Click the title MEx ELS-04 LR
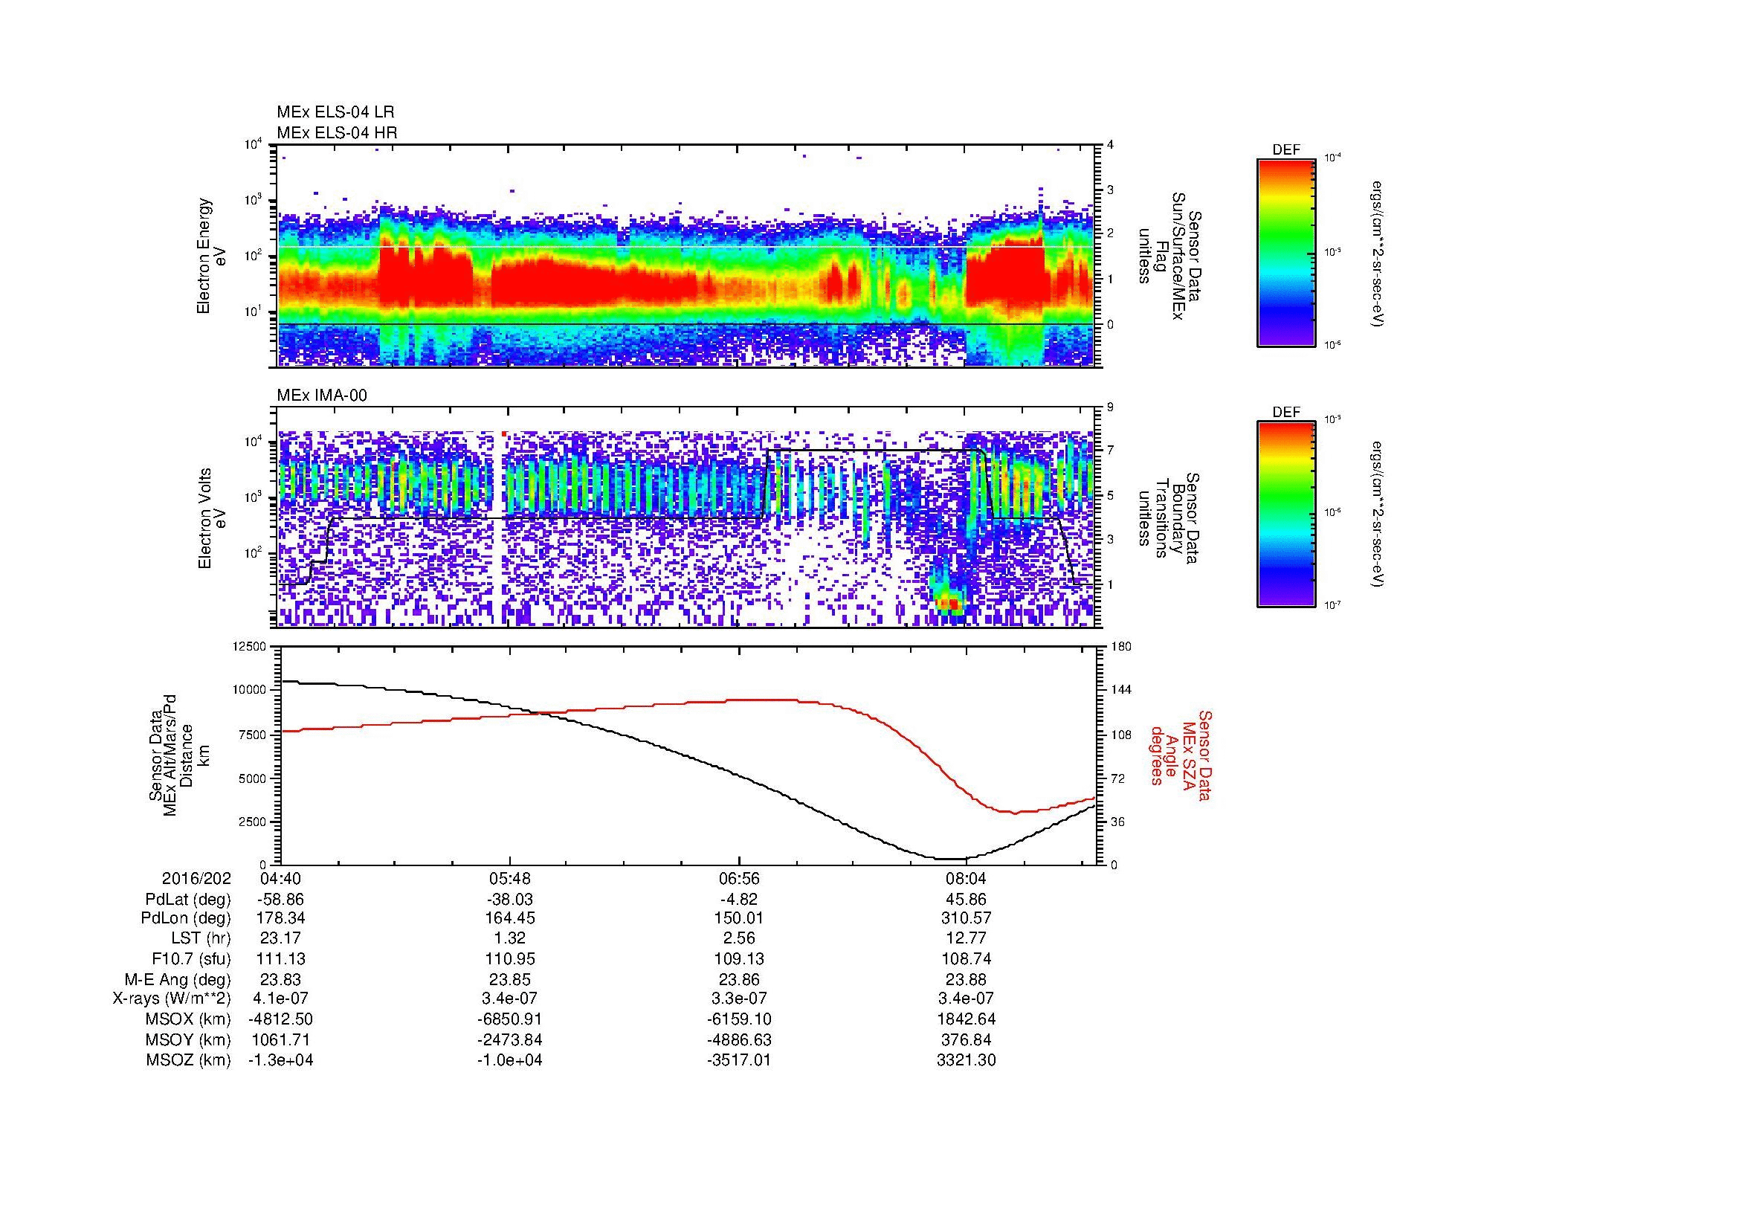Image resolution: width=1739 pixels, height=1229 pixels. tap(335, 112)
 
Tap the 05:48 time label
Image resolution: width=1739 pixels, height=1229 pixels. tap(510, 879)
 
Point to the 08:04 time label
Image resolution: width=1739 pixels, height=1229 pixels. tap(967, 879)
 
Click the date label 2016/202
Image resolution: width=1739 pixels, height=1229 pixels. tap(196, 879)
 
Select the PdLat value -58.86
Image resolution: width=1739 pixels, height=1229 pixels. tap(281, 900)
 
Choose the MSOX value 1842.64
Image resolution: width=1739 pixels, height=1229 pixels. tap(967, 1019)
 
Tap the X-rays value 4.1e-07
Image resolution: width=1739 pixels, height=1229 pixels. tap(281, 999)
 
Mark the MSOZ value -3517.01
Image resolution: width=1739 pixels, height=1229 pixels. tap(738, 1060)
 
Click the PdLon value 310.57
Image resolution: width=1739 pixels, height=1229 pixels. tap(967, 918)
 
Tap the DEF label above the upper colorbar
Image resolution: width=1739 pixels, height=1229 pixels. tap(1286, 151)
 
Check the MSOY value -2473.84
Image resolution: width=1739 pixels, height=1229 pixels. tap(510, 1039)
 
